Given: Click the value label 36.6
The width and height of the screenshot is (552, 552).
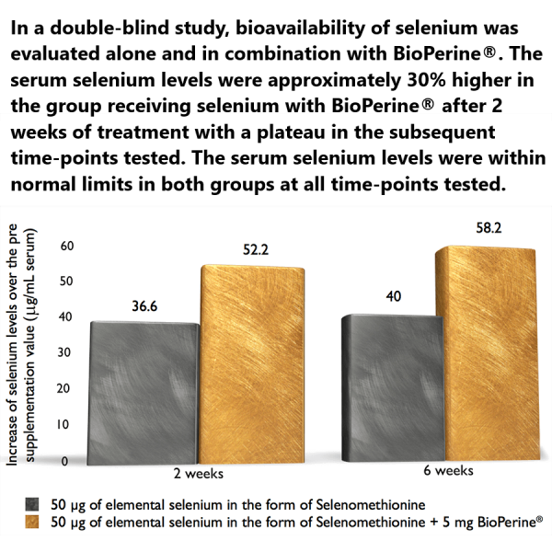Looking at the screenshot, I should click(x=143, y=307).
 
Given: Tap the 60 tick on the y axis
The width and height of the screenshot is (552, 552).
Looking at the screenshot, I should click(x=65, y=246).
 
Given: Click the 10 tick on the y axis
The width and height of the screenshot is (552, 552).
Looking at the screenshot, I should click(x=65, y=424).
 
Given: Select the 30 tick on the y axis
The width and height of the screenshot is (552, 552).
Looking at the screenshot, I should click(x=65, y=352).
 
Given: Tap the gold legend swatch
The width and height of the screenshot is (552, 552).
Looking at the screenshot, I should click(x=33, y=522).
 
